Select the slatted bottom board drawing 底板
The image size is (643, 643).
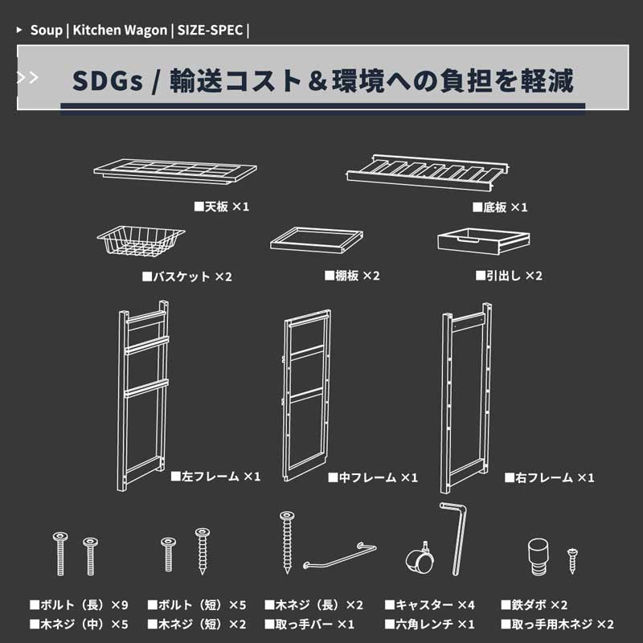[x=429, y=170]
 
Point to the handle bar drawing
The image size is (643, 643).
[x=339, y=556]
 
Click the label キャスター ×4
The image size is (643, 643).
[x=430, y=604]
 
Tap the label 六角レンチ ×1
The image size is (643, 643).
[x=430, y=624]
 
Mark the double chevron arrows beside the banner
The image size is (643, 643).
[x=27, y=78]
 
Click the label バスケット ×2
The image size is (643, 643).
[x=187, y=276]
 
